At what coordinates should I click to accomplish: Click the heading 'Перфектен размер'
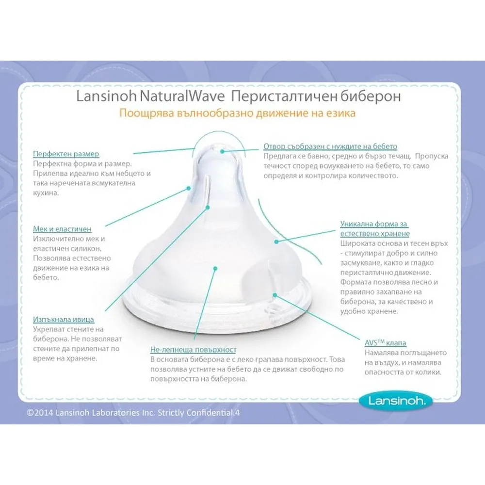coord(66,154)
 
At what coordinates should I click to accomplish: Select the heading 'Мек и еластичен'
coord(62,228)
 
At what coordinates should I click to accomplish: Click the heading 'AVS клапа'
coord(385,342)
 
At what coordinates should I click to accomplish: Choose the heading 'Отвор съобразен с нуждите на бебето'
coord(330,146)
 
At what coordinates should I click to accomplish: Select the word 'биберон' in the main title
coord(372,97)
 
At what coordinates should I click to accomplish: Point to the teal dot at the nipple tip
coord(222,151)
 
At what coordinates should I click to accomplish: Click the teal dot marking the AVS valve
coord(275,293)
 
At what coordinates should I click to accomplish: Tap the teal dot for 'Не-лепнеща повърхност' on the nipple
coord(215,267)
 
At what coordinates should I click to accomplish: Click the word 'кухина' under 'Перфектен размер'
coord(48,193)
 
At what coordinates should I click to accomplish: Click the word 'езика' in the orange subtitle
coord(342,114)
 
